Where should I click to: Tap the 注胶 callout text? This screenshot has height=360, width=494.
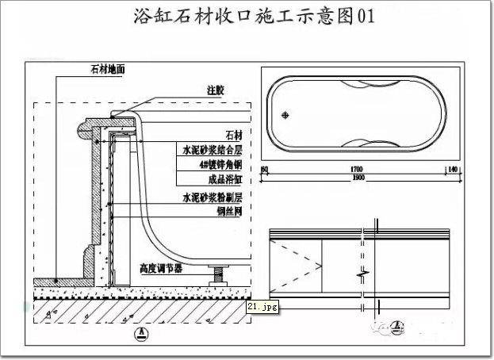tap(216, 90)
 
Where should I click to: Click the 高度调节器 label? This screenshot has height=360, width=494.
tap(161, 269)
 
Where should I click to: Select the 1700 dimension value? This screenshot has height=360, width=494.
tap(356, 170)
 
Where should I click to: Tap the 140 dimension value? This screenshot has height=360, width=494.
tap(452, 170)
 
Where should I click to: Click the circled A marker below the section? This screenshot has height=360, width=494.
tap(140, 333)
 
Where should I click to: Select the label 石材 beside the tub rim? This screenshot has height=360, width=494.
tap(233, 134)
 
